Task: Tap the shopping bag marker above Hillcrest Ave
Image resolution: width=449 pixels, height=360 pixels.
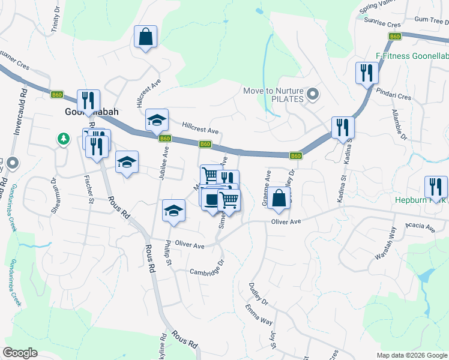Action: click(146, 37)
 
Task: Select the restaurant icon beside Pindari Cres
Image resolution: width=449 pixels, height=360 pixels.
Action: click(366, 73)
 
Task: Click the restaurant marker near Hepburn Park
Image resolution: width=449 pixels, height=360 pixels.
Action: click(436, 187)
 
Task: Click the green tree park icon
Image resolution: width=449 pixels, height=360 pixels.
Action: click(63, 139)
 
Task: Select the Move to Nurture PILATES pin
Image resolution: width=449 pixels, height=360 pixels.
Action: click(312, 94)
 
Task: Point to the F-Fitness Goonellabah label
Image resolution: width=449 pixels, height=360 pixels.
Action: click(412, 56)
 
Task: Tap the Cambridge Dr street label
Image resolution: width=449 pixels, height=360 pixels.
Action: click(207, 268)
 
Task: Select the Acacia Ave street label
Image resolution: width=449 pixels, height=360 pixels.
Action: click(420, 227)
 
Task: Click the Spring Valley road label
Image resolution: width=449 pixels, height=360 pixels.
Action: click(379, 8)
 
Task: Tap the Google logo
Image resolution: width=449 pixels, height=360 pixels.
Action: click(20, 352)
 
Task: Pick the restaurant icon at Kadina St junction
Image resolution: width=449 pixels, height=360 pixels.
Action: click(342, 127)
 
